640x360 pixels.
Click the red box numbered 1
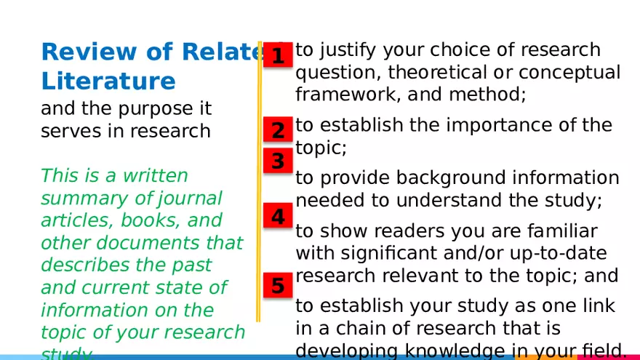click(x=278, y=55)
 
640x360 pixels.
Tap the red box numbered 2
click(x=278, y=131)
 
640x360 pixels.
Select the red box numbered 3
click(x=278, y=161)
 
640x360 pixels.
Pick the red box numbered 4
click(x=278, y=216)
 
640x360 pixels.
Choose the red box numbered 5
click(x=278, y=286)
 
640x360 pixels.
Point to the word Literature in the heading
click(x=108, y=81)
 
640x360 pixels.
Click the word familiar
click(x=555, y=231)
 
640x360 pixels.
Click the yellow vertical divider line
click(x=258, y=182)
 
